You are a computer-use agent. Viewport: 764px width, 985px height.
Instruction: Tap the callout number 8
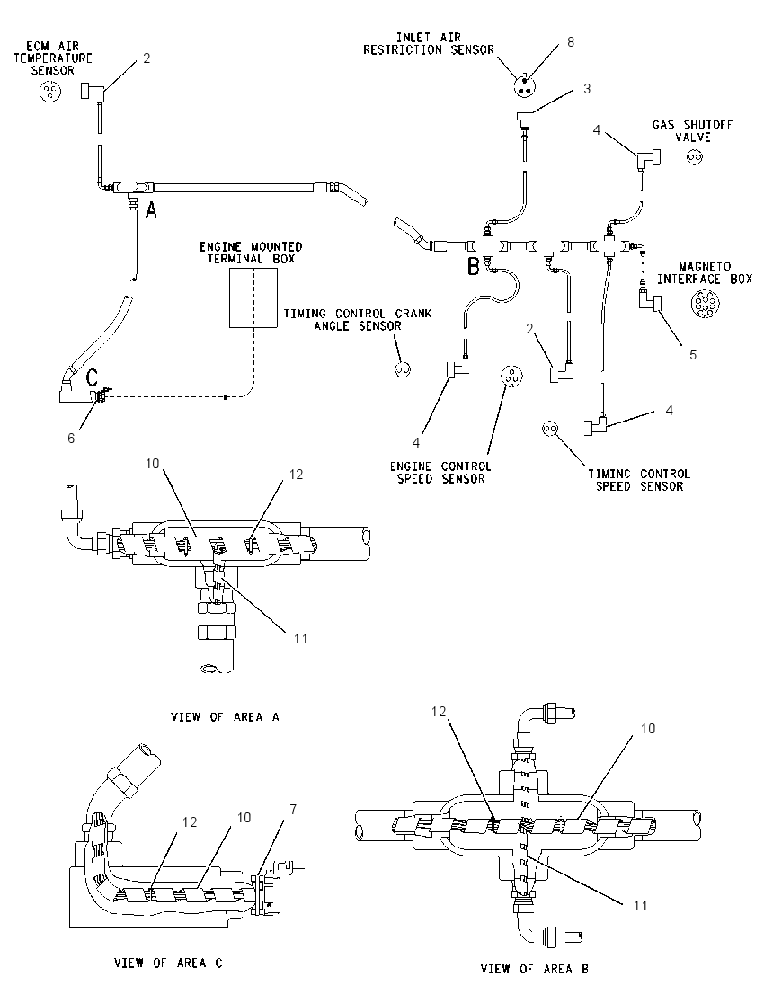tap(571, 42)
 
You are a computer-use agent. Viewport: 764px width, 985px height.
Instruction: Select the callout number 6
tap(71, 438)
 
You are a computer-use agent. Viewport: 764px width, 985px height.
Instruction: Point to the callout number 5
tap(693, 355)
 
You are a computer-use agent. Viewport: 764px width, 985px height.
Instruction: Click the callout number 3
tap(587, 89)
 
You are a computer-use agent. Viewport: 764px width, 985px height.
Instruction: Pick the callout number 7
tap(293, 810)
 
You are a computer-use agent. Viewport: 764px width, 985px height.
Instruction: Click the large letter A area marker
tap(151, 210)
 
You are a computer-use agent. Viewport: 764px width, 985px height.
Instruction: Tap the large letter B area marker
tap(474, 266)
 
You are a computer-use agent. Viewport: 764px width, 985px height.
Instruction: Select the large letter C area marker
tap(92, 377)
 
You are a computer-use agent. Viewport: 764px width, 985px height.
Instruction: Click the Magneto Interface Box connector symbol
tap(700, 304)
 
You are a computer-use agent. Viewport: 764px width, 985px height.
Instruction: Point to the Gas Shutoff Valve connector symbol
tap(695, 157)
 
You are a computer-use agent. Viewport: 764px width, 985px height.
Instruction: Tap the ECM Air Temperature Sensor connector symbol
tap(50, 93)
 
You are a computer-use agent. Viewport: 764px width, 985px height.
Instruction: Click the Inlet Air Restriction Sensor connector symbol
tap(522, 86)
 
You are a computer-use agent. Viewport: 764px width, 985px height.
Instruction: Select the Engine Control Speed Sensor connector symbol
tap(511, 377)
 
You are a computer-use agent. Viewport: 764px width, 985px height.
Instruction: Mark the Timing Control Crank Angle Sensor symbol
tap(404, 370)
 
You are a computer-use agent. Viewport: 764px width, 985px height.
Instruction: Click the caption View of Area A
tap(225, 717)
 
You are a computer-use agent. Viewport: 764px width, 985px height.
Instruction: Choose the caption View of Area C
tap(168, 963)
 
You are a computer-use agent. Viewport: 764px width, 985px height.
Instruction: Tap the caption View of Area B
tap(535, 969)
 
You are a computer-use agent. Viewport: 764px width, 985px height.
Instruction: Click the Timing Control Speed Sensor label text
tap(639, 480)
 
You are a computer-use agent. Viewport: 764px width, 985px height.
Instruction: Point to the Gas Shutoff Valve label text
tap(692, 130)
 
